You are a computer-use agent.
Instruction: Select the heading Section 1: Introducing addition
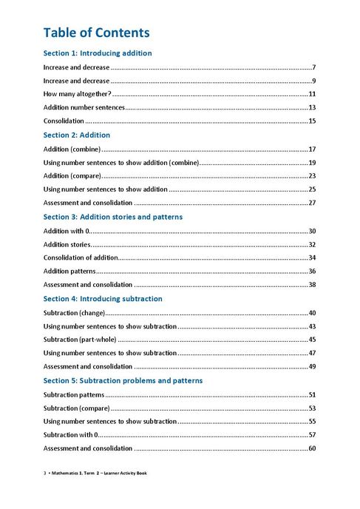coord(98,53)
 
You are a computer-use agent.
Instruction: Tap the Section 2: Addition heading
coord(77,135)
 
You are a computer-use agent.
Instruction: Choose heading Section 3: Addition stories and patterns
coord(112,217)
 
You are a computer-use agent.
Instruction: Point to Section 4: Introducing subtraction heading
coord(103,299)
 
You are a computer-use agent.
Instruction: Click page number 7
coord(314,67)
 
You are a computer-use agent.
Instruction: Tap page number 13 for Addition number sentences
coord(313,108)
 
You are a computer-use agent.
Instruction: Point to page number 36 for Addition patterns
coord(313,272)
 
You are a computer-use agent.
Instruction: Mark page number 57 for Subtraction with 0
coord(313,434)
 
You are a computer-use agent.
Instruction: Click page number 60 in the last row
coord(313,448)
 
